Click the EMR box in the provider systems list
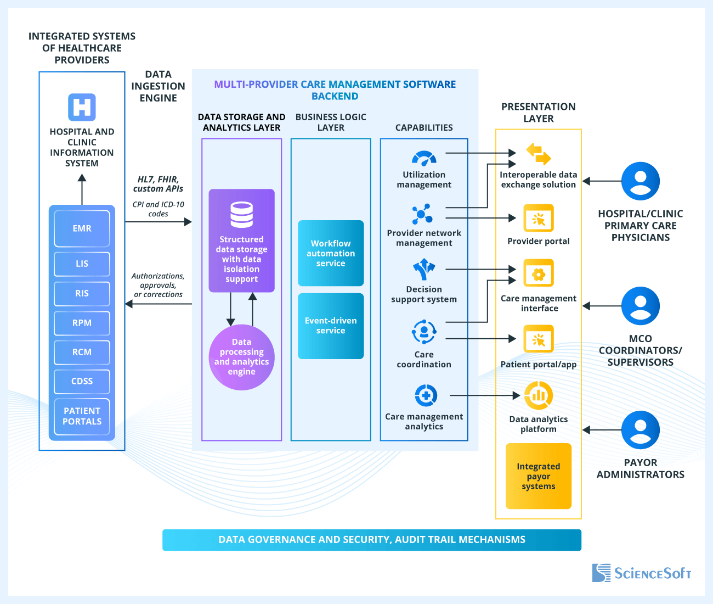(x=82, y=228)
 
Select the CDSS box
(x=82, y=381)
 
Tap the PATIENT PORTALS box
(x=82, y=416)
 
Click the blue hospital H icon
(x=82, y=107)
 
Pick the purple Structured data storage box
(x=241, y=241)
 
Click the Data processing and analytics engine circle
(x=241, y=357)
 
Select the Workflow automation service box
(x=331, y=253)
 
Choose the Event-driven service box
(x=331, y=326)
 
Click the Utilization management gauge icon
(x=424, y=158)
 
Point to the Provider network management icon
(x=422, y=214)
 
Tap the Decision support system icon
(x=424, y=270)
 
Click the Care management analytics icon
(x=426, y=395)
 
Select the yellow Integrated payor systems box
(x=538, y=476)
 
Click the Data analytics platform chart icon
(x=538, y=395)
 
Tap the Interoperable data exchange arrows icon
(x=538, y=154)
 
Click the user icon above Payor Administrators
(x=640, y=430)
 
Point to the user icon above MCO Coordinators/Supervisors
(x=640, y=306)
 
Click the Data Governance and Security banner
(x=371, y=540)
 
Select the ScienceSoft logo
(x=641, y=573)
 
